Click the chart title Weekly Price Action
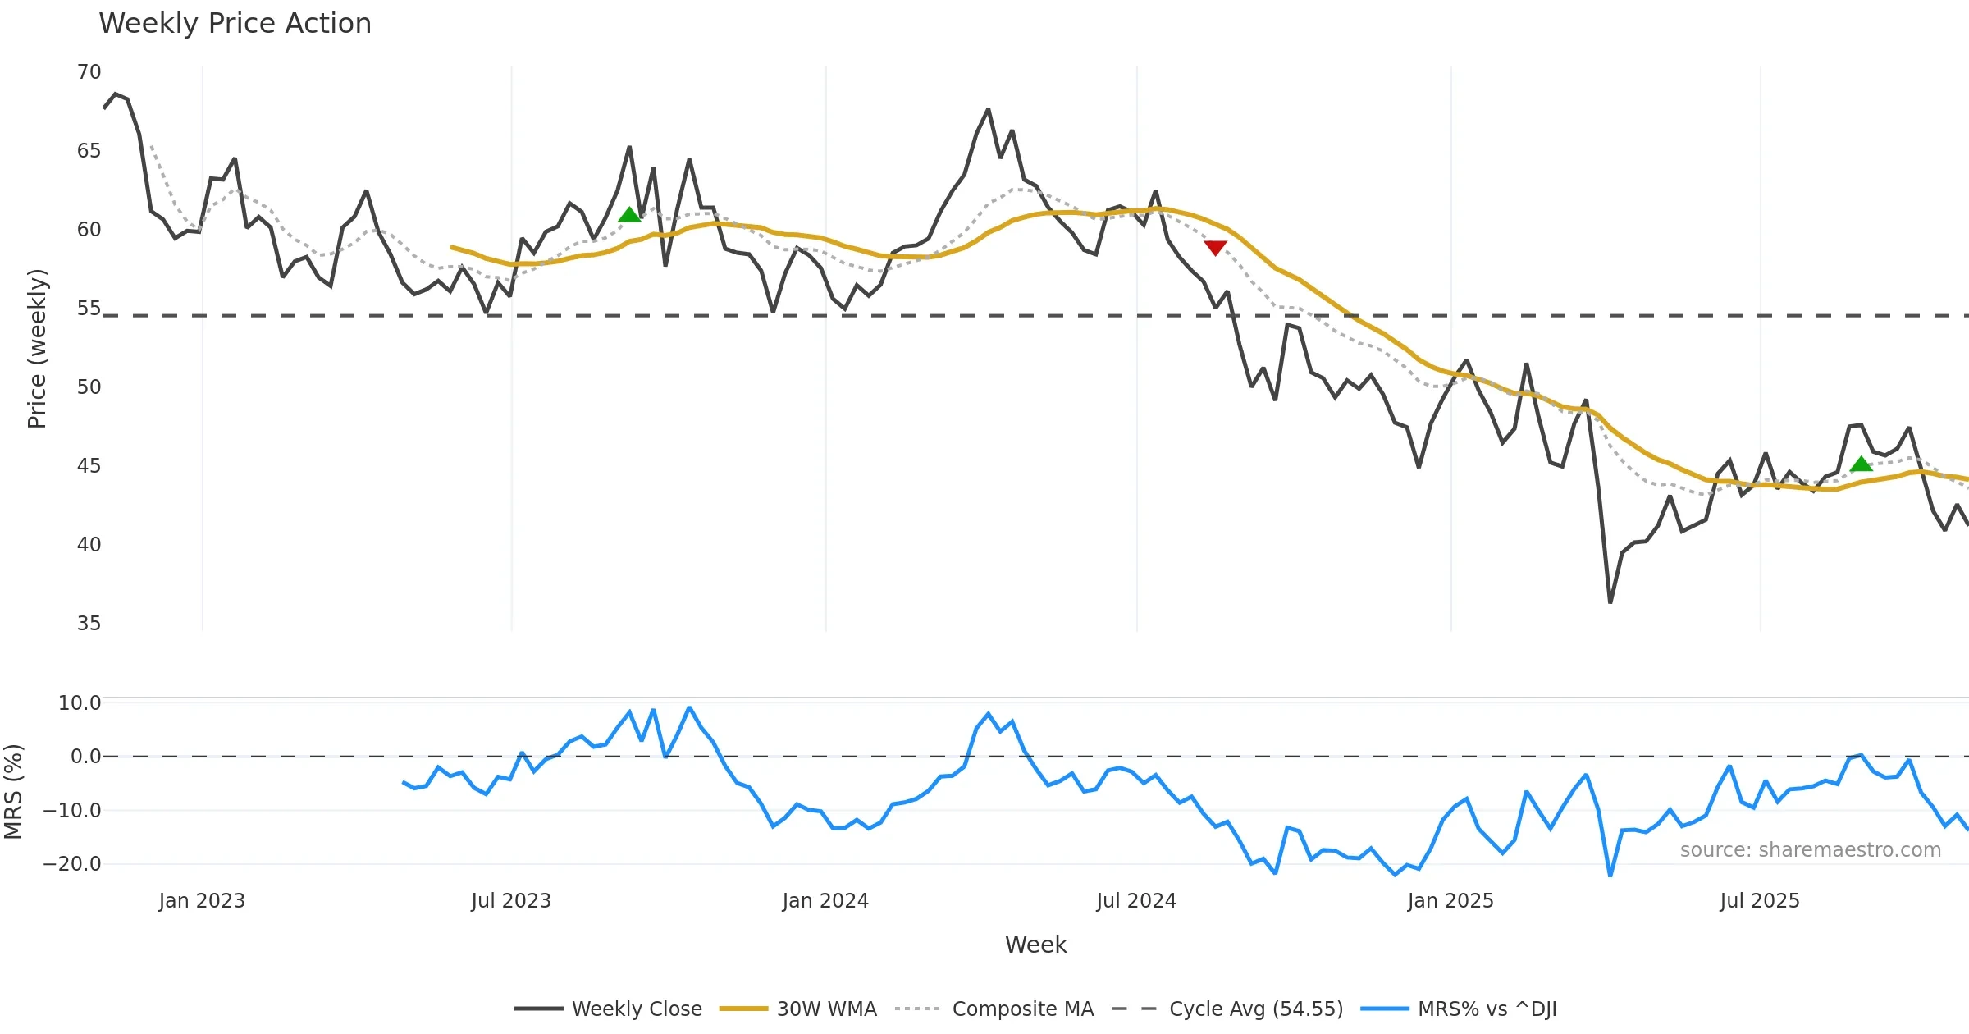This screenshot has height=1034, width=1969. (x=235, y=24)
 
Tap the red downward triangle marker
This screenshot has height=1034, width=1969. (x=1215, y=248)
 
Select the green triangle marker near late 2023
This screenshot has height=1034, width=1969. (x=629, y=215)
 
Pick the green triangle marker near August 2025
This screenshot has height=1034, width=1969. (x=1861, y=464)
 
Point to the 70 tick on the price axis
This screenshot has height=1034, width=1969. (x=89, y=72)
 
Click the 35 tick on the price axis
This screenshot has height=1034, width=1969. (x=89, y=624)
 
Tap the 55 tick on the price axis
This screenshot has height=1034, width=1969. (x=89, y=309)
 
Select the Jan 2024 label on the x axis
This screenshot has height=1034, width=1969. (x=825, y=901)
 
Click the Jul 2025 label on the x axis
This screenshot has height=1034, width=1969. (x=1760, y=901)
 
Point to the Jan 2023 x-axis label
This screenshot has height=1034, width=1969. (x=202, y=901)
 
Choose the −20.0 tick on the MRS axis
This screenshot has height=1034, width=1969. (x=72, y=864)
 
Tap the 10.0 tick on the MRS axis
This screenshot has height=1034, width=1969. (x=80, y=703)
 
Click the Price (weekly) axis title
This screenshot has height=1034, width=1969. (x=37, y=349)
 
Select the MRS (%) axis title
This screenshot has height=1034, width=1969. (x=14, y=792)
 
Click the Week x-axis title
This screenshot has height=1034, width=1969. (x=1035, y=945)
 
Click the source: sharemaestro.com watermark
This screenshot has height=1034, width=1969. (x=1810, y=850)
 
